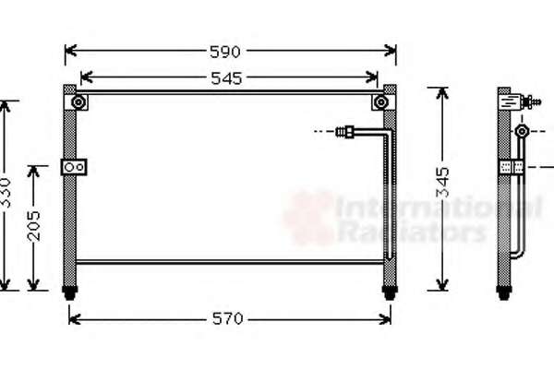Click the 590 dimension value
(225, 52)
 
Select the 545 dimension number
(226, 78)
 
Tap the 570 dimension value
(228, 319)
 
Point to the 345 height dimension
(442, 183)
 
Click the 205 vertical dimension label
(34, 226)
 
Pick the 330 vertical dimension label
(6, 193)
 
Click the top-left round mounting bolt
(78, 102)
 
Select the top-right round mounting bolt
(380, 102)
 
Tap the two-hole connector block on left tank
(74, 167)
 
